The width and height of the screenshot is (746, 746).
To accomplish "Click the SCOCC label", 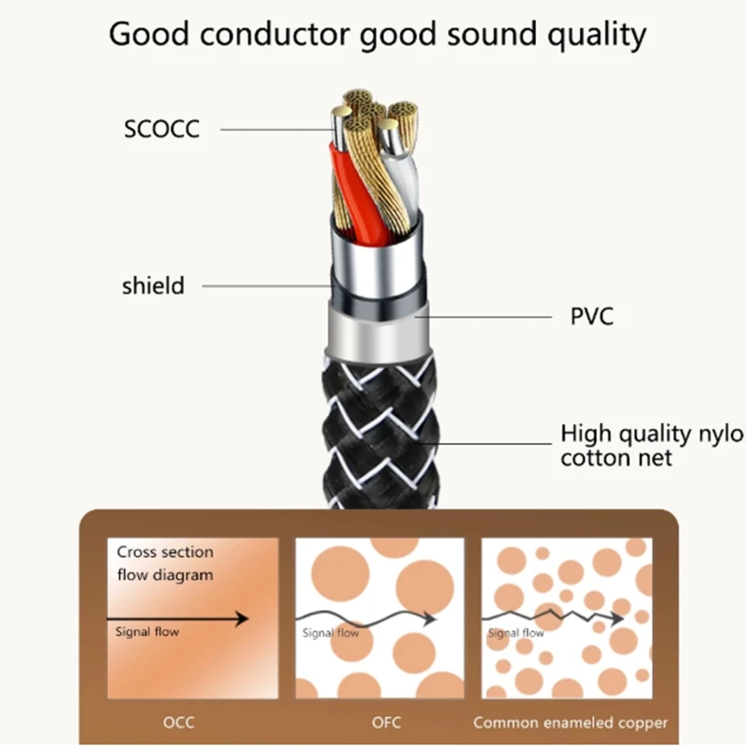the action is (x=161, y=129).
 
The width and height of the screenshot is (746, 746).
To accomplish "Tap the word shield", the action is (x=153, y=285).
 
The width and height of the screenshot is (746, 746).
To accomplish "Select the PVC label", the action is (x=591, y=317).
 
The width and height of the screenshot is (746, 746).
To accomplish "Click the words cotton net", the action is (x=616, y=458).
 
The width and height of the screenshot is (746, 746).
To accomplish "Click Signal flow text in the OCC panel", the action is (x=146, y=632).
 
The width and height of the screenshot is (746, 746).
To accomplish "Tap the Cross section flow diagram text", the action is (x=164, y=563).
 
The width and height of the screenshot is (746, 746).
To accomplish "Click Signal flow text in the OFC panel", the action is (x=330, y=633).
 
